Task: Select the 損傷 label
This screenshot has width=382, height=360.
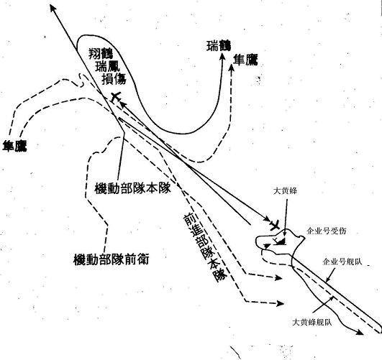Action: [x=114, y=78]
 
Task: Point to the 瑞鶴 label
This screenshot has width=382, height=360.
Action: [x=219, y=46]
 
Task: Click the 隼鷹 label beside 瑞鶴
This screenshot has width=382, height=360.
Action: [x=245, y=60]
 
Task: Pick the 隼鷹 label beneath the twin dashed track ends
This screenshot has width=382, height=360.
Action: [x=14, y=146]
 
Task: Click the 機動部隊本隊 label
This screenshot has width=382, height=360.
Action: [x=132, y=188]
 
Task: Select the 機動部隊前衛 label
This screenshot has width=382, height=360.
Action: [x=111, y=259]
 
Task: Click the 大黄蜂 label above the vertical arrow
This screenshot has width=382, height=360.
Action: [x=285, y=191]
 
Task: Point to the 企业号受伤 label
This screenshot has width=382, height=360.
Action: [x=326, y=231]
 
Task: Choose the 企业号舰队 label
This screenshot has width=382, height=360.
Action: [x=342, y=262]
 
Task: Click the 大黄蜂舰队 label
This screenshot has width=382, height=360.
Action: [x=311, y=322]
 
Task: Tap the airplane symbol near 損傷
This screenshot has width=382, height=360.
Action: [x=116, y=97]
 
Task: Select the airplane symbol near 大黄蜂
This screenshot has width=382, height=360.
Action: [x=276, y=225]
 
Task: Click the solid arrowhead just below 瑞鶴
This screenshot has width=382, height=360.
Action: [x=222, y=57]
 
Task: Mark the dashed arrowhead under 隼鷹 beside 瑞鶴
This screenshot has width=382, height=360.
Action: [x=232, y=68]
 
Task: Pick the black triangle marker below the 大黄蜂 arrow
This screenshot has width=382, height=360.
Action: [x=281, y=241]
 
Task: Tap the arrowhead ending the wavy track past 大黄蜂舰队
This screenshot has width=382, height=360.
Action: [x=360, y=332]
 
